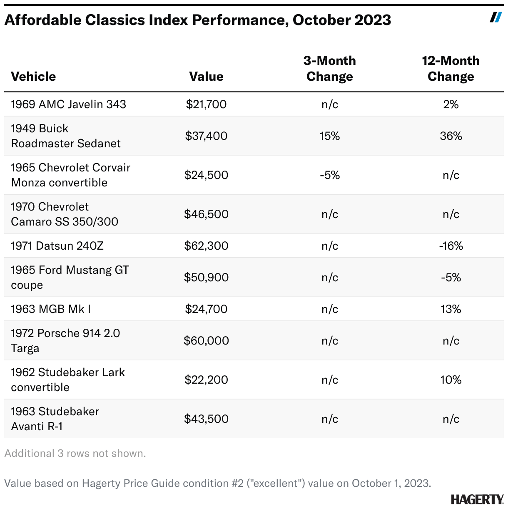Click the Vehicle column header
(33, 77)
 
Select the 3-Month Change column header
(329, 69)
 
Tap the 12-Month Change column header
(451, 69)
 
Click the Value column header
(206, 77)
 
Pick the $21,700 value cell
(206, 104)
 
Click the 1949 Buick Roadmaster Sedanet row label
(66, 136)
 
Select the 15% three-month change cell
(329, 136)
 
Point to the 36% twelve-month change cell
(451, 136)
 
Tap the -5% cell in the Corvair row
(329, 175)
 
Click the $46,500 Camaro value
(206, 214)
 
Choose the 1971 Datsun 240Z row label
(57, 246)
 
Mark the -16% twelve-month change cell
(451, 246)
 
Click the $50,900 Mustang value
(206, 278)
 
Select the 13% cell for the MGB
(451, 309)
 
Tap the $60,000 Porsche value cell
(206, 341)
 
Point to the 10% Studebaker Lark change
(451, 380)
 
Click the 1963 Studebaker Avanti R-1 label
(55, 419)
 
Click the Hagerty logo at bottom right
(477, 499)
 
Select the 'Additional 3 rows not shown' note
(75, 454)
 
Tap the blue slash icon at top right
(496, 17)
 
